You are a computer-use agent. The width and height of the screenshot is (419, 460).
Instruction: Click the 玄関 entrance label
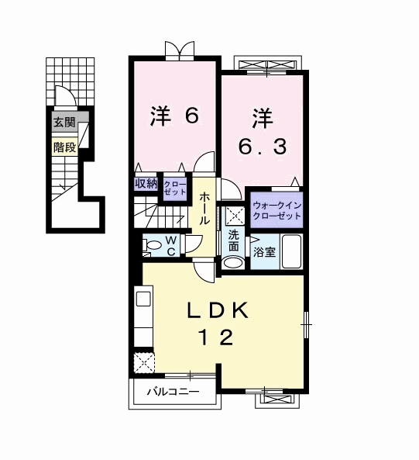(x=65, y=122)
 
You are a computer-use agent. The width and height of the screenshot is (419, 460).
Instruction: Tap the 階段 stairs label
(x=65, y=147)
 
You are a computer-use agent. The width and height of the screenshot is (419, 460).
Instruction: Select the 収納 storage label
(x=146, y=184)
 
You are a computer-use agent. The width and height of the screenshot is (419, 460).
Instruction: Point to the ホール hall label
(x=204, y=209)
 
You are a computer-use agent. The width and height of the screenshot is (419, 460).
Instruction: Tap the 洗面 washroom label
(x=233, y=240)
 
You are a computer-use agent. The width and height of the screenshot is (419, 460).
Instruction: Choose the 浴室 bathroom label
(x=264, y=252)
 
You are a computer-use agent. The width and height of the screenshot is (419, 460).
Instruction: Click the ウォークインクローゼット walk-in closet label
(x=276, y=210)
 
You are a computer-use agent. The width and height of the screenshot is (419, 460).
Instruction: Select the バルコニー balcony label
(x=173, y=392)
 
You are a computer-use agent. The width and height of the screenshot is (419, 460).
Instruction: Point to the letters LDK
(x=218, y=311)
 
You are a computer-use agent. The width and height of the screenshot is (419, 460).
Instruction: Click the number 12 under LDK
(x=216, y=337)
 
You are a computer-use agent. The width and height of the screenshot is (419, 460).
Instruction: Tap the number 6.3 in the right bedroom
(x=263, y=147)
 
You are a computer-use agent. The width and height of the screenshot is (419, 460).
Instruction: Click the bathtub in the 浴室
(x=292, y=251)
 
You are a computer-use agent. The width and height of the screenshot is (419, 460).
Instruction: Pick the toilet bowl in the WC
(x=153, y=244)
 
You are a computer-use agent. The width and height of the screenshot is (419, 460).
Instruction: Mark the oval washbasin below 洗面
(x=233, y=262)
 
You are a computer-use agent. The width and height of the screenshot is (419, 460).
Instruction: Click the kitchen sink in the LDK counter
(x=143, y=299)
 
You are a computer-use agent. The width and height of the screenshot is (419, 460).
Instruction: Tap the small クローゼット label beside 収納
(x=175, y=188)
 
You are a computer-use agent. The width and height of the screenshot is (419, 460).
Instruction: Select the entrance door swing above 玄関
(x=66, y=95)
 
